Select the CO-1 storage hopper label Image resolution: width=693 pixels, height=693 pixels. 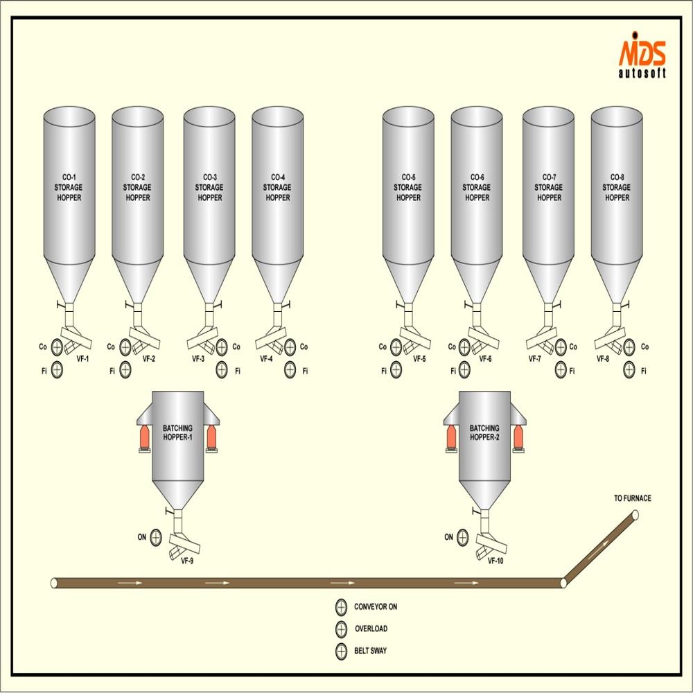tap(69, 187)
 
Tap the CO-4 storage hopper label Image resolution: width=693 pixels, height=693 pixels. tap(277, 187)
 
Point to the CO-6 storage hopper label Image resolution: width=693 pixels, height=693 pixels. tap(476, 187)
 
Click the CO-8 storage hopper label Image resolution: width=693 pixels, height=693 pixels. tap(616, 187)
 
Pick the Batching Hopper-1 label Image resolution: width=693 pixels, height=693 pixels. tap(177, 433)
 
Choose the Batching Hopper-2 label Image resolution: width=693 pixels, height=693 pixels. tap(484, 433)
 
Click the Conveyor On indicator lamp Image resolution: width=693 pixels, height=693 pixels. tap(341, 607)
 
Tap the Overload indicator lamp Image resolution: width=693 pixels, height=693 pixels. tap(341, 629)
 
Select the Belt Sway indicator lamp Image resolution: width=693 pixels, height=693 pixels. tap(341, 652)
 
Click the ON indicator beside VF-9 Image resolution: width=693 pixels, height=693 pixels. tap(155, 537)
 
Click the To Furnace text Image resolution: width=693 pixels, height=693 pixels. tap(632, 498)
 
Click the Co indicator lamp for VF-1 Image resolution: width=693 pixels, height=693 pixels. tap(57, 347)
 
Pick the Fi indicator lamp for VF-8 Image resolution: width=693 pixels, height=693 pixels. tap(629, 371)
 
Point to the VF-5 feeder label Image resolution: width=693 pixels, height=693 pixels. tap(419, 359)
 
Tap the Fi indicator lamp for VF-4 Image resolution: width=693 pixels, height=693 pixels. tap(290, 371)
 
